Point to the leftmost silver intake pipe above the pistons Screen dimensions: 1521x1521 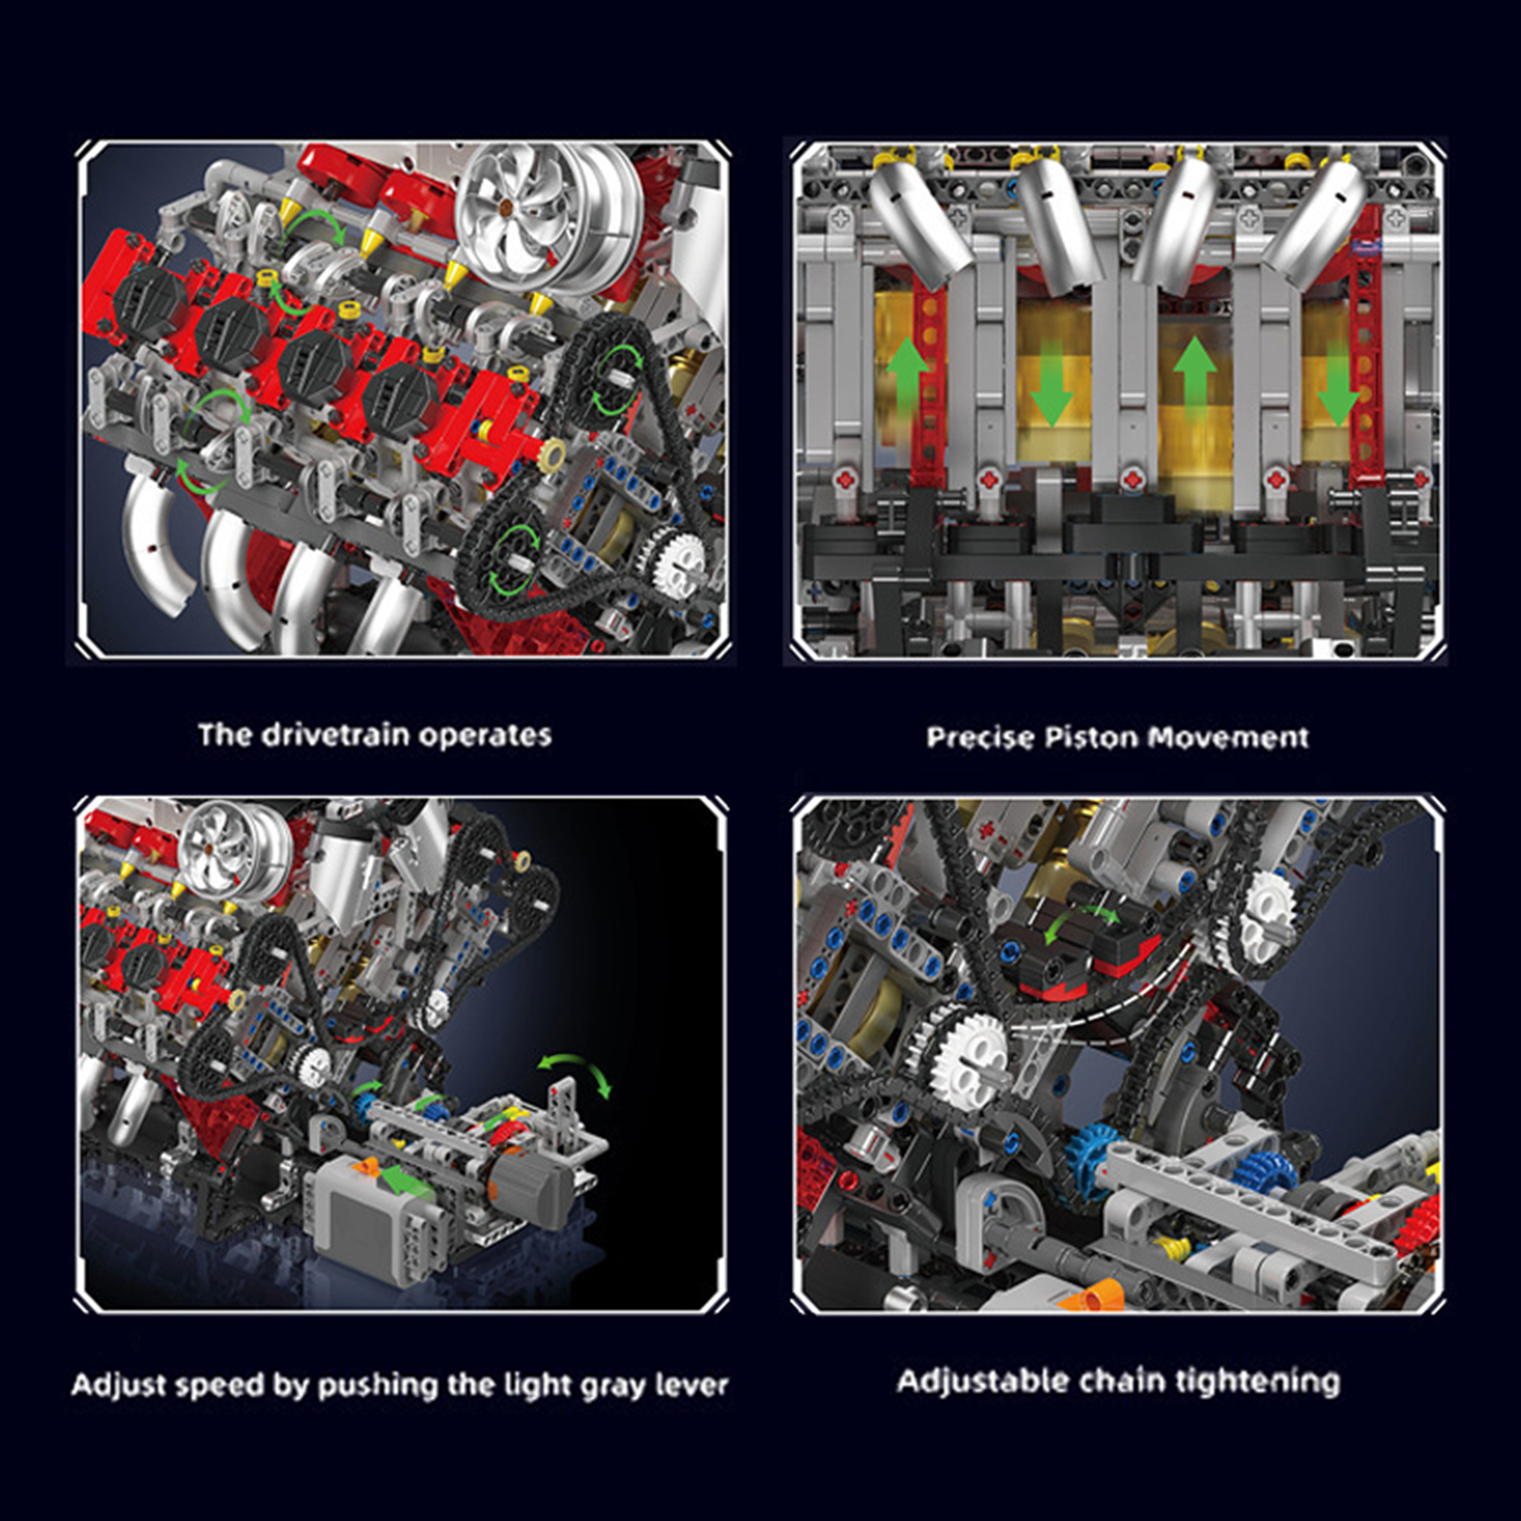coord(917,223)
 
